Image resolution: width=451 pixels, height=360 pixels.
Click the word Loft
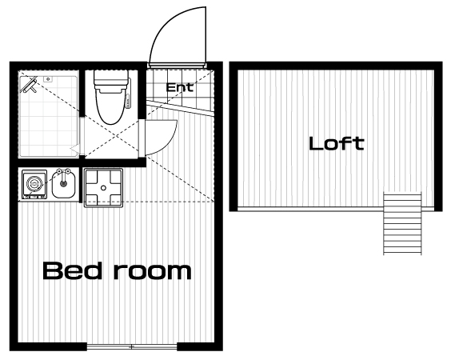[x=336, y=143]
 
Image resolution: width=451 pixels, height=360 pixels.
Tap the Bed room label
[x=117, y=270]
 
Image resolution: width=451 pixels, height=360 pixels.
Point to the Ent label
[x=180, y=87]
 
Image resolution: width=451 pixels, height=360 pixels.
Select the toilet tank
[x=110, y=78]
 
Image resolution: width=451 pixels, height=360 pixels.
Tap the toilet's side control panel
[x=128, y=94]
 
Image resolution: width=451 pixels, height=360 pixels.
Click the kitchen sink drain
[x=63, y=182]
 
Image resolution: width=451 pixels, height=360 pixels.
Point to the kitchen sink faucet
[x=63, y=174]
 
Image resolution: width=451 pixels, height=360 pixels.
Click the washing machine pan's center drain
[x=103, y=188]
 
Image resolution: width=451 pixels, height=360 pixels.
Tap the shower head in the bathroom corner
[x=29, y=85]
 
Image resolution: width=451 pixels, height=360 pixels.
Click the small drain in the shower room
[x=48, y=78]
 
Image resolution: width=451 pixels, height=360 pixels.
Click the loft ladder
[x=402, y=223]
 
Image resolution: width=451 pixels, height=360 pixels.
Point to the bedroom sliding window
[x=132, y=346]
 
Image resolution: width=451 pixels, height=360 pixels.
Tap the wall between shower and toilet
[x=82, y=93]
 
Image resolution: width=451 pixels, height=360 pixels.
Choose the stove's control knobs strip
[x=35, y=197]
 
